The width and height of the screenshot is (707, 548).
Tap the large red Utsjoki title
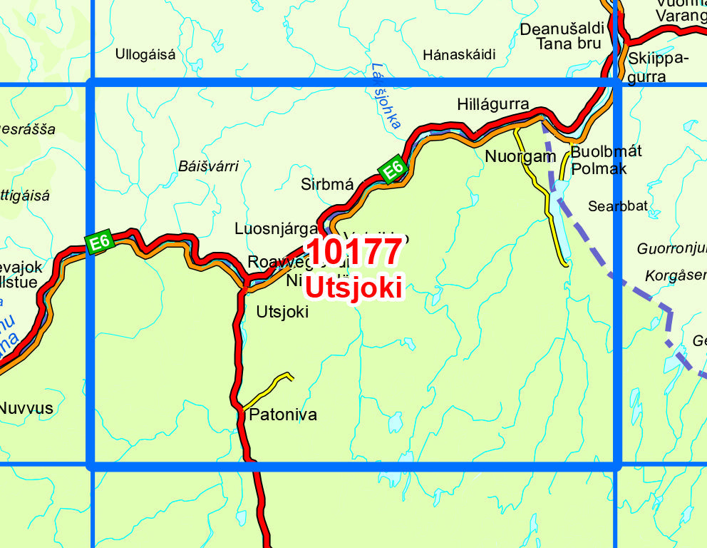pyautogui.click(x=354, y=288)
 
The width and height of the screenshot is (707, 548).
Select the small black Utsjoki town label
pyautogui.click(x=282, y=312)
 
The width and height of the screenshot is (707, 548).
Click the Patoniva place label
pyautogui.click(x=283, y=415)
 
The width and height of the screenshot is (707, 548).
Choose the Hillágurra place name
pyautogui.click(x=493, y=106)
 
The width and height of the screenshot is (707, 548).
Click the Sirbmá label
pyautogui.click(x=327, y=184)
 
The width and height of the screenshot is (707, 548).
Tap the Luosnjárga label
pyautogui.click(x=276, y=229)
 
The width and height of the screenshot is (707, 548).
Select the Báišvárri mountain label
pyautogui.click(x=208, y=166)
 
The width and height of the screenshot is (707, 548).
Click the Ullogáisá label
pyautogui.click(x=145, y=54)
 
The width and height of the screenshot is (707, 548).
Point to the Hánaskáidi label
pyautogui.click(x=459, y=55)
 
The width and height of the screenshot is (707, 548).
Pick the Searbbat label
pyautogui.click(x=618, y=206)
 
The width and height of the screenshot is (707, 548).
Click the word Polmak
pyautogui.click(x=599, y=168)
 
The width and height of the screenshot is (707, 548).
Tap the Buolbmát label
pyautogui.click(x=607, y=151)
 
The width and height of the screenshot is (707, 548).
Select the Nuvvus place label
pyautogui.click(x=26, y=409)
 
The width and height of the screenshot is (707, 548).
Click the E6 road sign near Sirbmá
pyautogui.click(x=393, y=170)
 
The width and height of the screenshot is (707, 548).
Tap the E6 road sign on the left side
pyautogui.click(x=99, y=241)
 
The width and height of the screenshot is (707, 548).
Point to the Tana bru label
pyautogui.click(x=569, y=44)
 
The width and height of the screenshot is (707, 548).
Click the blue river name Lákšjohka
pyautogui.click(x=386, y=96)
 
